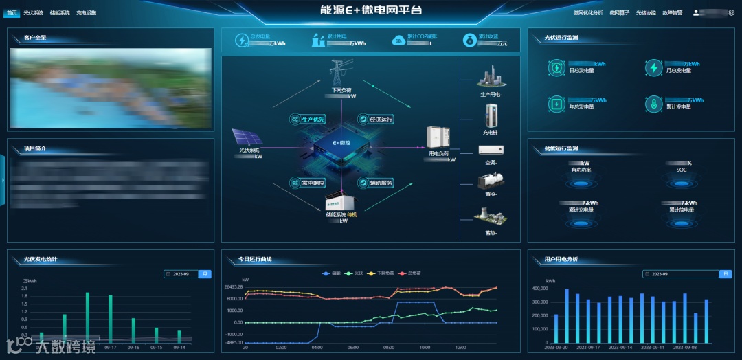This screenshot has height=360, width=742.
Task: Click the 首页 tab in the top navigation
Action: coord(12,12)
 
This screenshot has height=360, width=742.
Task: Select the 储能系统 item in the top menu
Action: coord(60,12)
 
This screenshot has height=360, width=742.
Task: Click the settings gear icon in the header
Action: coord(732,12)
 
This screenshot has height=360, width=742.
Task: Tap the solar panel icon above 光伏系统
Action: coord(247,137)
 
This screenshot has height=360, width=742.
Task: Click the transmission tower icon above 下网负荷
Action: coord(337,72)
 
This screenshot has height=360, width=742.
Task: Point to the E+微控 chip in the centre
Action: coord(338,146)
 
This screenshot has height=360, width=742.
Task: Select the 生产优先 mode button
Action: coord(308,119)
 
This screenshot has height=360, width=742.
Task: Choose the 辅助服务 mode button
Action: coord(376,183)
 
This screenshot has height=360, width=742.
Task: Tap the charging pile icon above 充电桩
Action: coord(491,115)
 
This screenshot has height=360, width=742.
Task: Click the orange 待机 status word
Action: coord(352,214)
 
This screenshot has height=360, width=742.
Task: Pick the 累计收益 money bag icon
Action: coord(469,41)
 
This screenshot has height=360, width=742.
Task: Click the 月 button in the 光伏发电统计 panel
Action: coord(205,273)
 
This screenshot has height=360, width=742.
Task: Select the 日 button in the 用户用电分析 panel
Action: coord(725,273)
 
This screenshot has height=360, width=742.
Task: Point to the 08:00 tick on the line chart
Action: coord(388,347)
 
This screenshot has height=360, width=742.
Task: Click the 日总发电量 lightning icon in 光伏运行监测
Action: coord(556,67)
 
